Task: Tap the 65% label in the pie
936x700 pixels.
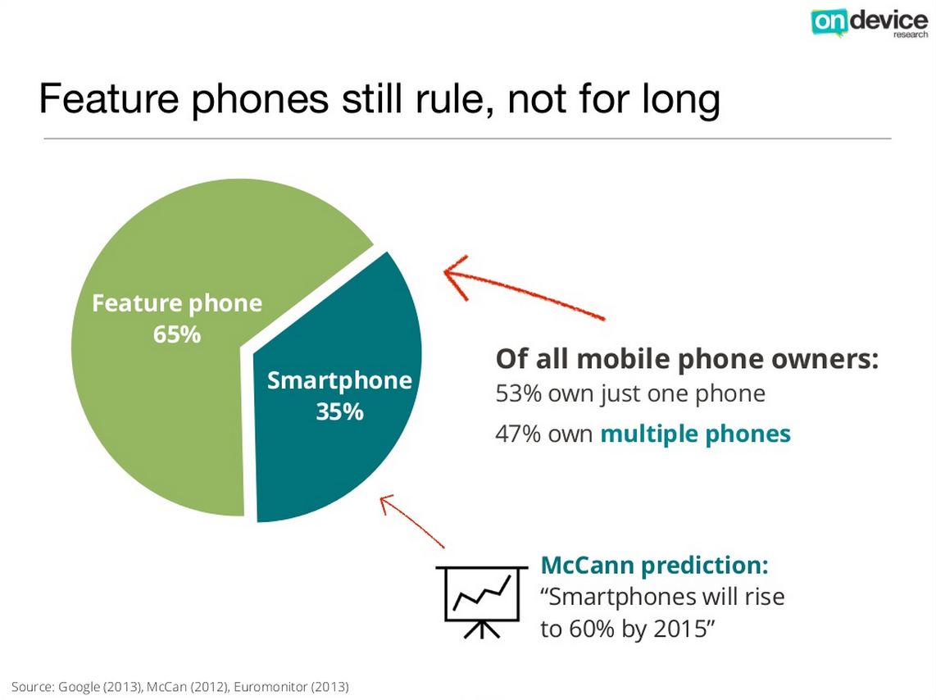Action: [177, 334]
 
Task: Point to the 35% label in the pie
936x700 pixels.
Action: [339, 411]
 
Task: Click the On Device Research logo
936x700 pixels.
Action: [869, 23]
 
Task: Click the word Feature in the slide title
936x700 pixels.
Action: [109, 98]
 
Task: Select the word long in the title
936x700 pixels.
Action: [681, 100]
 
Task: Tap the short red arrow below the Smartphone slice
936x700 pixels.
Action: [412, 520]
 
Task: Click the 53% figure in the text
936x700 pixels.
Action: [518, 394]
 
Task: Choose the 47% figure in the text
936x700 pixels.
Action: [518, 434]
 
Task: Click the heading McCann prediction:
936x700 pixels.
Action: [654, 565]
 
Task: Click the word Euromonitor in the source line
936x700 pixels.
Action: [270, 686]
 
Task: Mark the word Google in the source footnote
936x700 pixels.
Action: [78, 687]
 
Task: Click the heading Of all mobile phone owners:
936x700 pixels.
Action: [687, 359]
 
